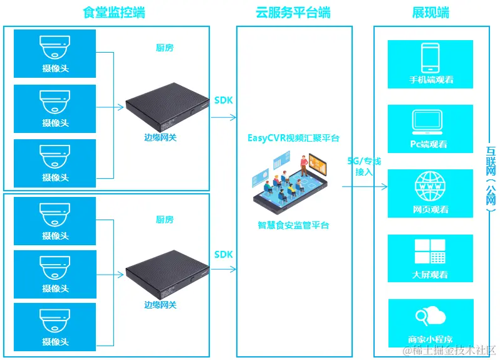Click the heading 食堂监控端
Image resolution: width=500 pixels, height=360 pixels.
pos(114,13)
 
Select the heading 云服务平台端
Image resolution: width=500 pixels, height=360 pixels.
pos(293,13)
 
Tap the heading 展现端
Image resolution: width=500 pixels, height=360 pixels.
pos(430,13)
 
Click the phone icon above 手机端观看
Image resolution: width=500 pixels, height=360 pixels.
pos(430,57)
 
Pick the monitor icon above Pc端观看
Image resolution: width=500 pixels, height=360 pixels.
pos(430,122)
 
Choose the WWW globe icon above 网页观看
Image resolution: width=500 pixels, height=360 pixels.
pos(430,187)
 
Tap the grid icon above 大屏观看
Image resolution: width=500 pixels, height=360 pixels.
pos(430,251)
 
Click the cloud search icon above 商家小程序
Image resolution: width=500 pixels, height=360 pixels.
pos(430,316)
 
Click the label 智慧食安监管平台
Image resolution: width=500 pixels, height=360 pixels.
pos(293,225)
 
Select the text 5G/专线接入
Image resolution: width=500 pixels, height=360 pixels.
pos(364,166)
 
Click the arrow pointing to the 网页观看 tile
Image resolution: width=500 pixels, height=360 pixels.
pos(364,186)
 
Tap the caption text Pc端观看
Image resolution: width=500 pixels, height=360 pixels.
pos(430,144)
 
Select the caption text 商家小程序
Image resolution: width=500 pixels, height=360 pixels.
pos(430,339)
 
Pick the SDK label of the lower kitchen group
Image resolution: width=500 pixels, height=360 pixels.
pos(223,255)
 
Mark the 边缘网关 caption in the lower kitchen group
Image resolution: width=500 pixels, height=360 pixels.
pos(160,305)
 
